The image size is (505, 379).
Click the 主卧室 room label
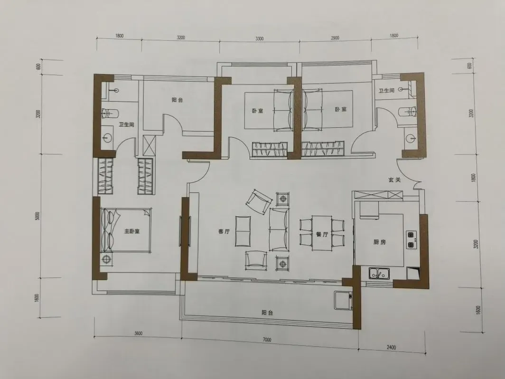[x=132, y=231]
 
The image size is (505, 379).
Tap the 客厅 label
[x=224, y=231]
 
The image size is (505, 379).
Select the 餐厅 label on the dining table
[x=322, y=235]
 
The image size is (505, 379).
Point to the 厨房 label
[x=380, y=242]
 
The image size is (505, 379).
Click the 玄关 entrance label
[x=394, y=180]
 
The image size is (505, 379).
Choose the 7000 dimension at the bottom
[x=267, y=340]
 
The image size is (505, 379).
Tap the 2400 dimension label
[x=391, y=347]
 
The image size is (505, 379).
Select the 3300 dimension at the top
[x=259, y=38]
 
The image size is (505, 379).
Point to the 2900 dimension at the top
[x=335, y=38]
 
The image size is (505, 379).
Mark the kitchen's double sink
[x=379, y=274]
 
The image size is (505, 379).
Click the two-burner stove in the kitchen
[x=411, y=240]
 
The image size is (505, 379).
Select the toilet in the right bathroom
[x=407, y=112]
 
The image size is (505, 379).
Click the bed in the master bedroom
[x=126, y=230]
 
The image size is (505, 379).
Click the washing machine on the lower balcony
[x=343, y=300]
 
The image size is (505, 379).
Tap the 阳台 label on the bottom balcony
[x=267, y=313]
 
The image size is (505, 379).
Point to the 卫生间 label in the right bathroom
[x=386, y=91]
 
